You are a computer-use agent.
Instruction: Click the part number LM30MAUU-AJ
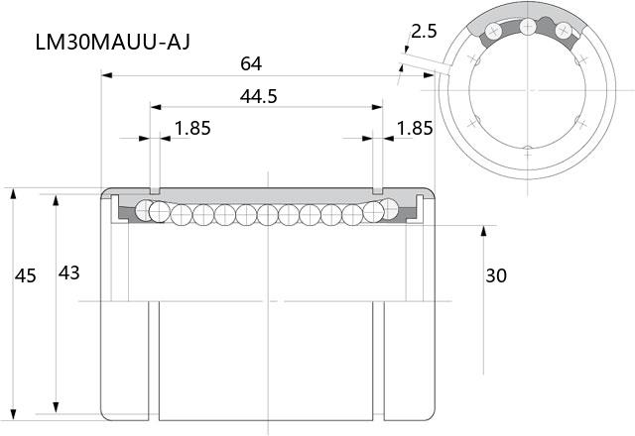[112, 42]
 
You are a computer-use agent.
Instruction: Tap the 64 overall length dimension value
[251, 63]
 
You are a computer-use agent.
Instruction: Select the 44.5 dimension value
[258, 97]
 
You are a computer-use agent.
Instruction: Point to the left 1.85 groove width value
[192, 128]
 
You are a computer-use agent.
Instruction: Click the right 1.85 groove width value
[415, 128]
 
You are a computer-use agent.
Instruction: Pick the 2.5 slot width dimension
[424, 31]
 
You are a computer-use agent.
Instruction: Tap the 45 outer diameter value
[26, 275]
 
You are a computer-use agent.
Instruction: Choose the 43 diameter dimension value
[68, 273]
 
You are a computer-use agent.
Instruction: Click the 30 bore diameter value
[496, 275]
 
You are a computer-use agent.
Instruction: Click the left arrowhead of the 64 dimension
[106, 75]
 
